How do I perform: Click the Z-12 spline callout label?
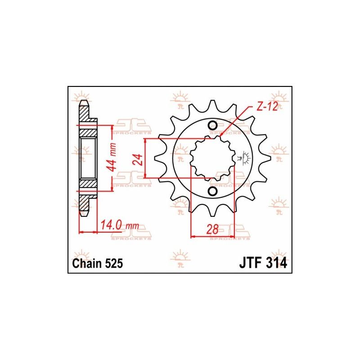coord(267,107)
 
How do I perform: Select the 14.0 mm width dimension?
coord(120,225)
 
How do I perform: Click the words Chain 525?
coord(98,263)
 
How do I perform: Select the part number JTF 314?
coord(263,263)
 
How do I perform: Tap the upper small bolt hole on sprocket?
coord(212,126)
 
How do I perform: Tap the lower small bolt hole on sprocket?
coord(212,191)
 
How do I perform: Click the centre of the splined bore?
coord(213,158)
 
